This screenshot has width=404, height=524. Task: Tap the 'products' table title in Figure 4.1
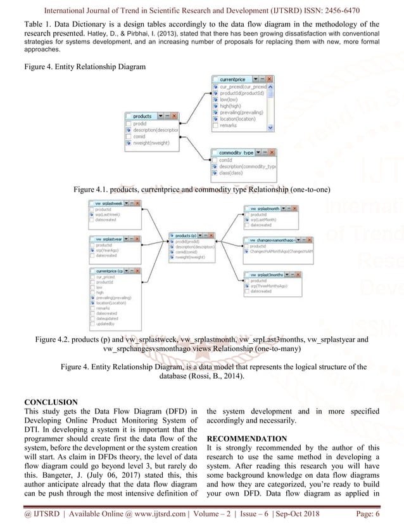pyautogui.click(x=142, y=116)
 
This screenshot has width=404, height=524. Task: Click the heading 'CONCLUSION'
pyautogui.click(x=51, y=402)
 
